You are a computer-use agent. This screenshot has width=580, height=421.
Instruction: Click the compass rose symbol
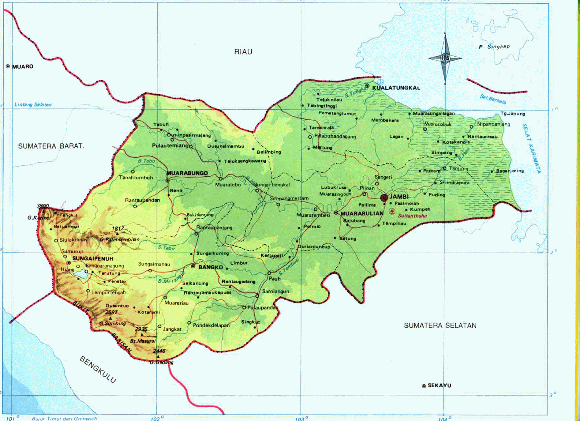(x=445, y=58)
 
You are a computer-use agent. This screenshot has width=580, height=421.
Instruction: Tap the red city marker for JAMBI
(x=384, y=198)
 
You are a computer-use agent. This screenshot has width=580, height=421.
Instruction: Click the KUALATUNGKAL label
(x=396, y=88)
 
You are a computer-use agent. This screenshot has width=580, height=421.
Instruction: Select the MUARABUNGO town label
(x=187, y=173)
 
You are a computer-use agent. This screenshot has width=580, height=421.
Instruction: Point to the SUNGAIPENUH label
(x=93, y=258)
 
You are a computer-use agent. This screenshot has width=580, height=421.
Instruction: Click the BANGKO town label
(x=211, y=267)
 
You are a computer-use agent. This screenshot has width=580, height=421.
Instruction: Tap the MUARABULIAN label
(x=362, y=213)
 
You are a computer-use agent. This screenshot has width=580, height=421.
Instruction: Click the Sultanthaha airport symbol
(x=392, y=211)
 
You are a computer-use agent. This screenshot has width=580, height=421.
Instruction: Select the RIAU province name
(x=243, y=52)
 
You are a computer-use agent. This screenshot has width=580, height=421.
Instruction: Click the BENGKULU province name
(x=98, y=369)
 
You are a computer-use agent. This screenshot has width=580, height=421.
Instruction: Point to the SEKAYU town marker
(x=424, y=386)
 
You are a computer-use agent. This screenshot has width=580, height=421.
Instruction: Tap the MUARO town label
(x=22, y=66)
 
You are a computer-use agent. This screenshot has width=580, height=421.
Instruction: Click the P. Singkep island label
(x=494, y=46)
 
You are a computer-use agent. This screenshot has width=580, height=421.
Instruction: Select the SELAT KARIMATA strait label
(x=531, y=148)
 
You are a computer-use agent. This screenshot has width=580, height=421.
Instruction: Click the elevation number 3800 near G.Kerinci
(x=42, y=206)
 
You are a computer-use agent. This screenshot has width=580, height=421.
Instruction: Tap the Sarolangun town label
(x=275, y=291)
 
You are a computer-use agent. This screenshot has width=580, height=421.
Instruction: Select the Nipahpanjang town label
(x=493, y=124)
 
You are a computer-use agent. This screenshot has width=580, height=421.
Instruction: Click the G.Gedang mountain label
(x=162, y=362)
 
